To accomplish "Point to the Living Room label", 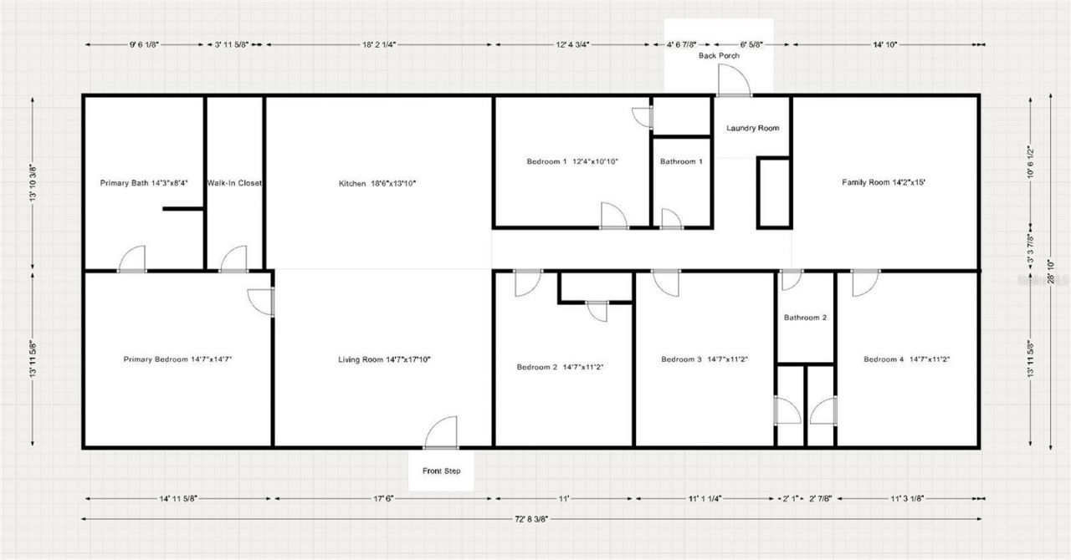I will [x=383, y=359].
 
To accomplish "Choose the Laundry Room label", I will [x=752, y=128].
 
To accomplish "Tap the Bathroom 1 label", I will [x=681, y=161].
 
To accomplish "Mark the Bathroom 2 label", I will [x=805, y=318].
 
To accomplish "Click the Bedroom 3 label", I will [x=704, y=359].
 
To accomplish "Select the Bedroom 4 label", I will [x=906, y=359].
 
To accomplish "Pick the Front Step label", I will [x=441, y=471].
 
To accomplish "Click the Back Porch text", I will [x=719, y=56].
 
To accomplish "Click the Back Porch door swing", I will [x=734, y=82].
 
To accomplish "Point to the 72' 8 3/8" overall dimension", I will [x=531, y=519].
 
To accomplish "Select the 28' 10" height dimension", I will [x=1051, y=272].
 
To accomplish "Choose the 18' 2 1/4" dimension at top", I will [x=378, y=44].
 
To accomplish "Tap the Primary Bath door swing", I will [x=132, y=259].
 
